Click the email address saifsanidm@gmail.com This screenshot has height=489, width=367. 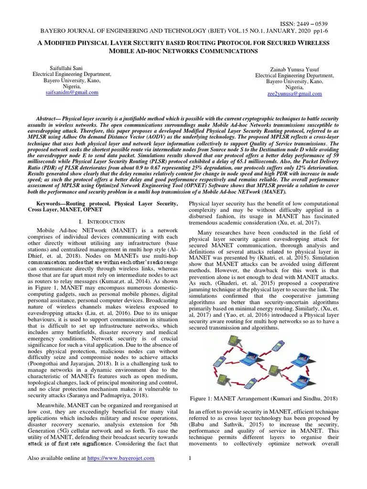click(71, 92)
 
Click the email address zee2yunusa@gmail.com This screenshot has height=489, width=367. click(294, 94)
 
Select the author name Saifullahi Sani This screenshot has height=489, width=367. click(71, 68)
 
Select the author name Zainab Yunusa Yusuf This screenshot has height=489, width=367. click(294, 69)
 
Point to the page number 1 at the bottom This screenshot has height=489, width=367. click(190, 458)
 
